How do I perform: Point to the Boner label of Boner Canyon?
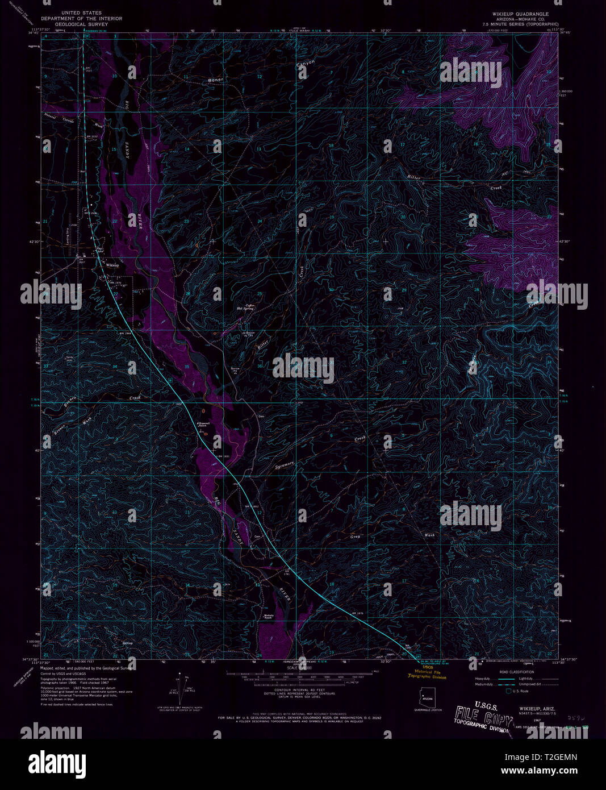(216, 80)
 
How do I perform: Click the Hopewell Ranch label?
(204, 425)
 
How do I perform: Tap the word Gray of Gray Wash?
(356, 536)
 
